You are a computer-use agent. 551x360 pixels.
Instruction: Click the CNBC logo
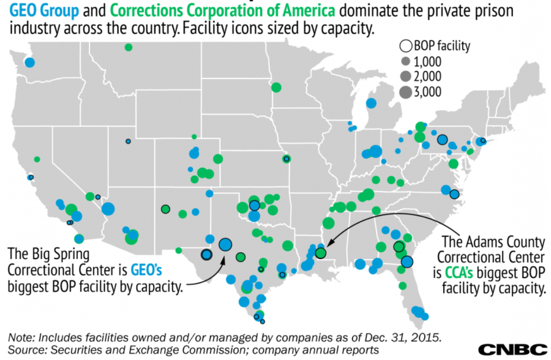512,350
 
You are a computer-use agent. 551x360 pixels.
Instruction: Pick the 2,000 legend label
428,77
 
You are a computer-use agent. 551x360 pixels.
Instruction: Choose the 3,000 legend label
428,92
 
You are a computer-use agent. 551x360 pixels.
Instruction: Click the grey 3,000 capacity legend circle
405,92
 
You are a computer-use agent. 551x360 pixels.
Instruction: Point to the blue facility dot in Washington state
29,62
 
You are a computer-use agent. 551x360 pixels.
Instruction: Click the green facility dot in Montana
128,47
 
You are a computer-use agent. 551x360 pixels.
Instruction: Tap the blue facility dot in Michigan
371,103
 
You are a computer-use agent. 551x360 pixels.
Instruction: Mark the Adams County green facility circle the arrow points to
320,252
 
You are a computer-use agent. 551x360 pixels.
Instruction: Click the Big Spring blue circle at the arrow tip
225,244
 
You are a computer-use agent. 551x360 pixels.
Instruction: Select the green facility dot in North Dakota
276,87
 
